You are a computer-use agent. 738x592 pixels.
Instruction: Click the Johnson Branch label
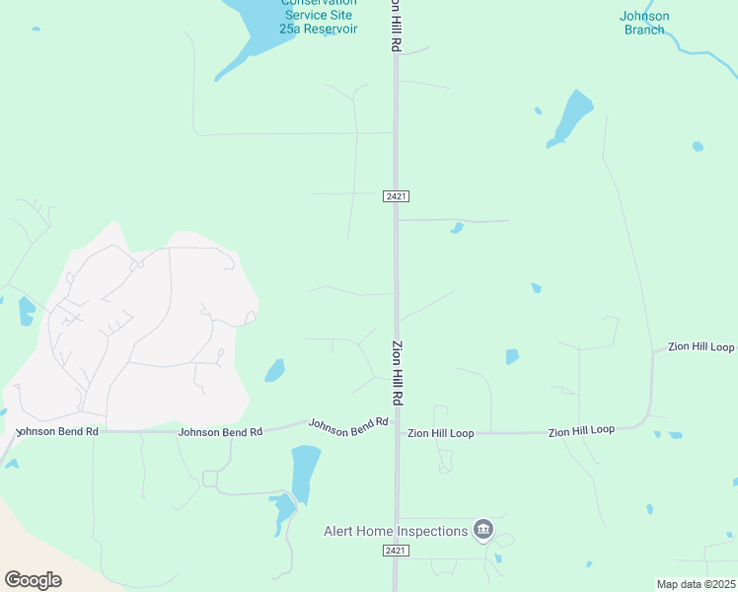pyautogui.click(x=644, y=23)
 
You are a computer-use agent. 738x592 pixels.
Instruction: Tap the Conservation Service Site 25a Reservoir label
pyautogui.click(x=319, y=16)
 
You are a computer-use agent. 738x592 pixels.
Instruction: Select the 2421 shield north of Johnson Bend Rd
pyautogui.click(x=396, y=197)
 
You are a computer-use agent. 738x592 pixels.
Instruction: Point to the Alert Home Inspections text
pyautogui.click(x=396, y=531)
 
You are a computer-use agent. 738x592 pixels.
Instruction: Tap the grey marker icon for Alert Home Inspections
pyautogui.click(x=482, y=531)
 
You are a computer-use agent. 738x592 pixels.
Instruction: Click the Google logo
pyautogui.click(x=33, y=580)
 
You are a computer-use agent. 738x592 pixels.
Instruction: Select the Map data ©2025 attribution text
pyautogui.click(x=696, y=584)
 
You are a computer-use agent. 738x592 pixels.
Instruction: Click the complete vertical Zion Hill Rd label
pyautogui.click(x=399, y=372)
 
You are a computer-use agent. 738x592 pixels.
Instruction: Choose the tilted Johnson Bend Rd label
pyautogui.click(x=348, y=424)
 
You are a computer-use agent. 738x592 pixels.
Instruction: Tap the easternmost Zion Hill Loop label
pyautogui.click(x=701, y=347)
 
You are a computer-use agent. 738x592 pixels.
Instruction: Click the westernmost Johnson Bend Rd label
pyautogui.click(x=56, y=431)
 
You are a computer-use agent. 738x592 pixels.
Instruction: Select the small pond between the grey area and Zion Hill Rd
pyautogui.click(x=274, y=371)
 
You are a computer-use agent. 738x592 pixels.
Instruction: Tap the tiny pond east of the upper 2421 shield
pyautogui.click(x=456, y=228)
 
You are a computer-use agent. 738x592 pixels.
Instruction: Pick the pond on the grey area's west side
pyautogui.click(x=26, y=311)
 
